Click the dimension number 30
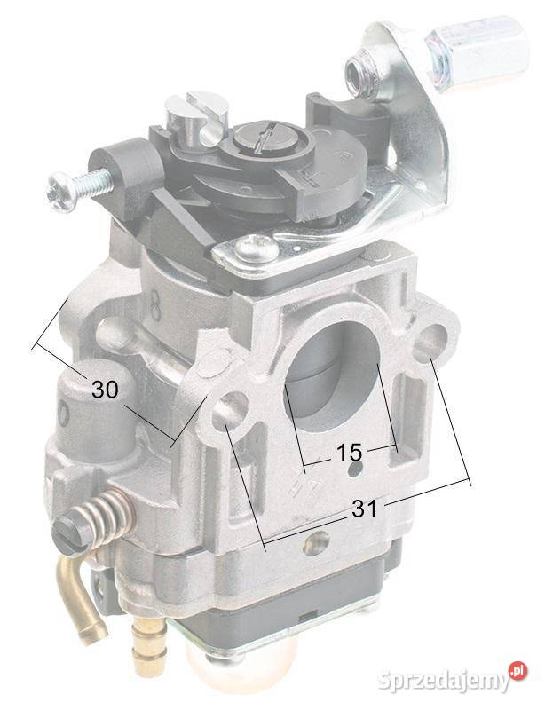point(105,389)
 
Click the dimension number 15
point(349,453)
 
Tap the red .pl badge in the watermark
point(518,673)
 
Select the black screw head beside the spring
point(71,532)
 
